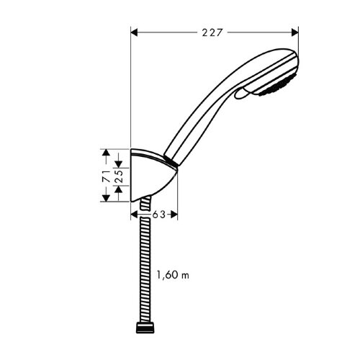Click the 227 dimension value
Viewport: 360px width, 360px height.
tap(212, 32)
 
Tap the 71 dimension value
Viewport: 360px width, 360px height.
tap(105, 176)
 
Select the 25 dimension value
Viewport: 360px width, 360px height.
tap(117, 174)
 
